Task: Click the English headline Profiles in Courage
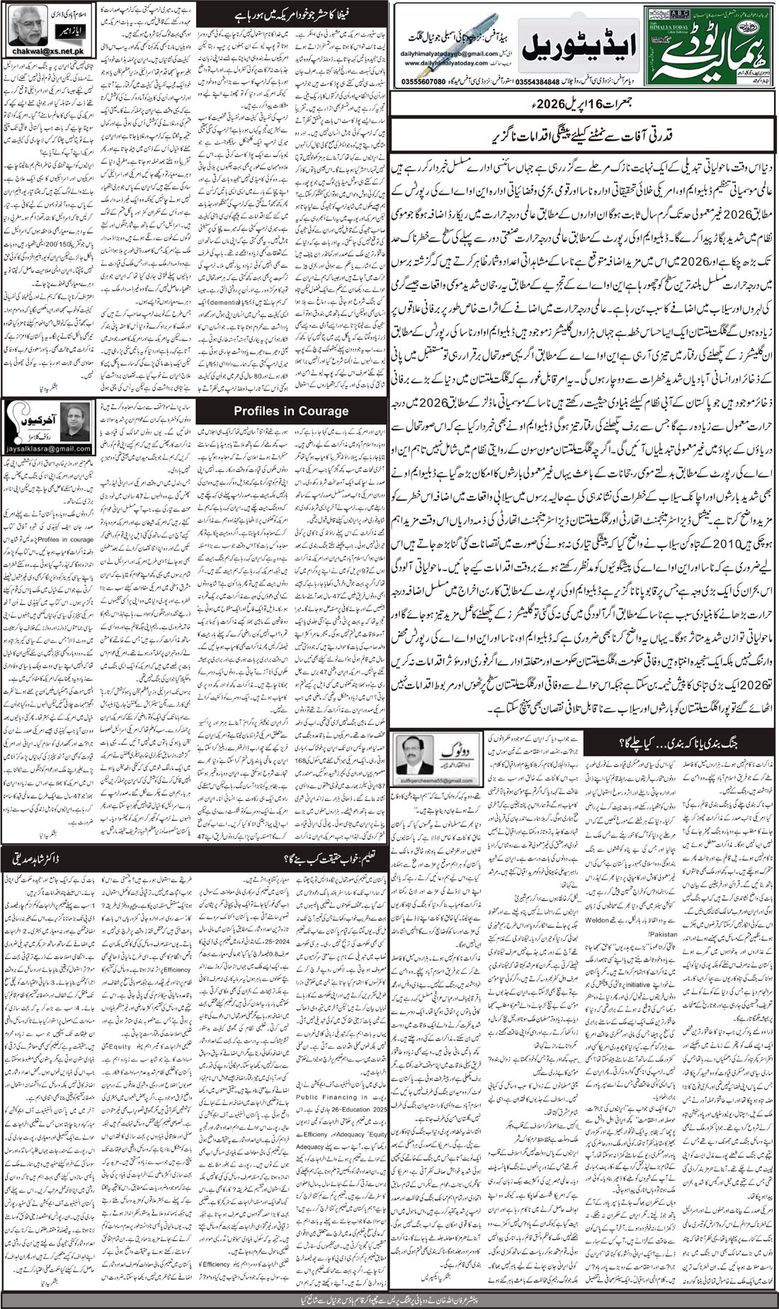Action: (x=291, y=410)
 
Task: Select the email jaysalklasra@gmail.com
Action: (x=47, y=449)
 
